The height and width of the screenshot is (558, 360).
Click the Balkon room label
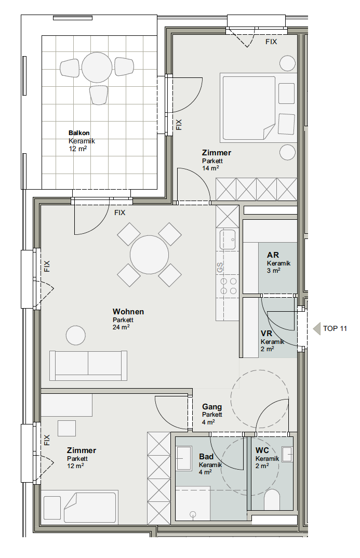(x=79, y=133)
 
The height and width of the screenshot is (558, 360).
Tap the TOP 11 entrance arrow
(x=316, y=328)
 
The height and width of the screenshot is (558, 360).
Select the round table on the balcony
(x=97, y=67)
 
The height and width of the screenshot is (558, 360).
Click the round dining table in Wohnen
(x=149, y=255)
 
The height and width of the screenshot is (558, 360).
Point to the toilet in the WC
(x=273, y=500)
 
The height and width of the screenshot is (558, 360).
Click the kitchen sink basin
(x=228, y=240)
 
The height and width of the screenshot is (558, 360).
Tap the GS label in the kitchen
(x=220, y=267)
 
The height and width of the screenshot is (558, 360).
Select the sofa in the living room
(x=88, y=365)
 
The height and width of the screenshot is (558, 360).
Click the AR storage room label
(x=273, y=255)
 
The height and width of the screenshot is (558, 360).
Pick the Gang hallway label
(x=212, y=406)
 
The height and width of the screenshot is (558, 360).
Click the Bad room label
(x=206, y=457)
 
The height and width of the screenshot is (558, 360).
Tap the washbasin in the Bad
(x=184, y=458)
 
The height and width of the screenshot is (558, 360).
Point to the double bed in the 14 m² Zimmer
(x=249, y=108)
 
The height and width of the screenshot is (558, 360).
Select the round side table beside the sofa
(x=76, y=335)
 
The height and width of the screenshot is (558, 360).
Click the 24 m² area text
(x=121, y=327)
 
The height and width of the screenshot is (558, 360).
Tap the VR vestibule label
(x=266, y=334)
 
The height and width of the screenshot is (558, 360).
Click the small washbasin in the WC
(x=287, y=454)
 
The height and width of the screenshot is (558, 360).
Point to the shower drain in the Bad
(x=193, y=514)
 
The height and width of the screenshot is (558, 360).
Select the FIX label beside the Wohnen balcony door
(x=120, y=212)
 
